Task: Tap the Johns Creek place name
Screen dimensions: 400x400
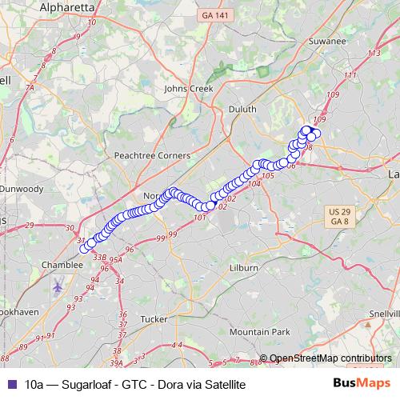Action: pos(189,89)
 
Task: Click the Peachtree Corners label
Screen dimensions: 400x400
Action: pos(152,154)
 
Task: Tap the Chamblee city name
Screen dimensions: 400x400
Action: pos(62,264)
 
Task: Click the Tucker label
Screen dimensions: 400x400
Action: pos(153,318)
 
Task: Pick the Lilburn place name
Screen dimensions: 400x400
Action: pos(243,268)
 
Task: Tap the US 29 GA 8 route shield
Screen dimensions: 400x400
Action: pos(339,215)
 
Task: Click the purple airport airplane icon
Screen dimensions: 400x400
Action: pos(58,286)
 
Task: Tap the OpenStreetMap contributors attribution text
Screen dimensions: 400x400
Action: pos(330,358)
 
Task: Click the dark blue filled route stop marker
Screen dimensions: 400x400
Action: pos(306,130)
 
